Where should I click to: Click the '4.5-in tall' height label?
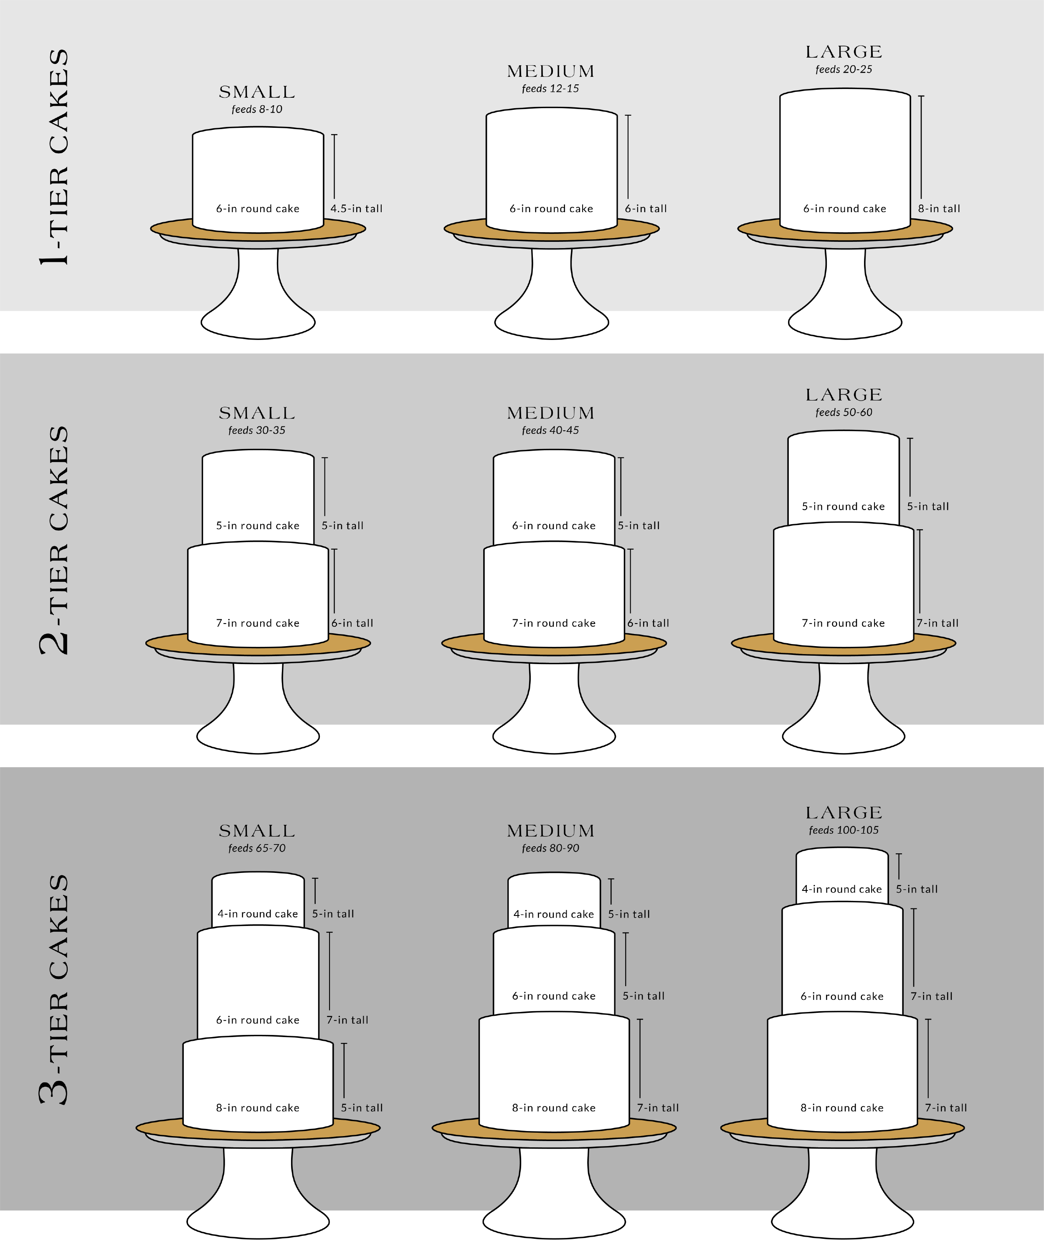356,209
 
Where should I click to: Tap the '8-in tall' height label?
939,209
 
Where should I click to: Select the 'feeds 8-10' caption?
257,109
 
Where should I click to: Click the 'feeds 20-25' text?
844,69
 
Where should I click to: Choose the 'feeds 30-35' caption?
257,430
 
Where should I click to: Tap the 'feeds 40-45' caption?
550,430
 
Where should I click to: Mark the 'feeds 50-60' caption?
844,412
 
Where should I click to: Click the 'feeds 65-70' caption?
257,848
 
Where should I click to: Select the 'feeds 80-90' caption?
550,848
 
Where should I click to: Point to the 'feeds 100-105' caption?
844,830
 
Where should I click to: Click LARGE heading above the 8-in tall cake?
844,52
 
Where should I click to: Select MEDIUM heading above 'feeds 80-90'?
550,831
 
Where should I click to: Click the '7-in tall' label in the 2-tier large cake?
937,623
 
